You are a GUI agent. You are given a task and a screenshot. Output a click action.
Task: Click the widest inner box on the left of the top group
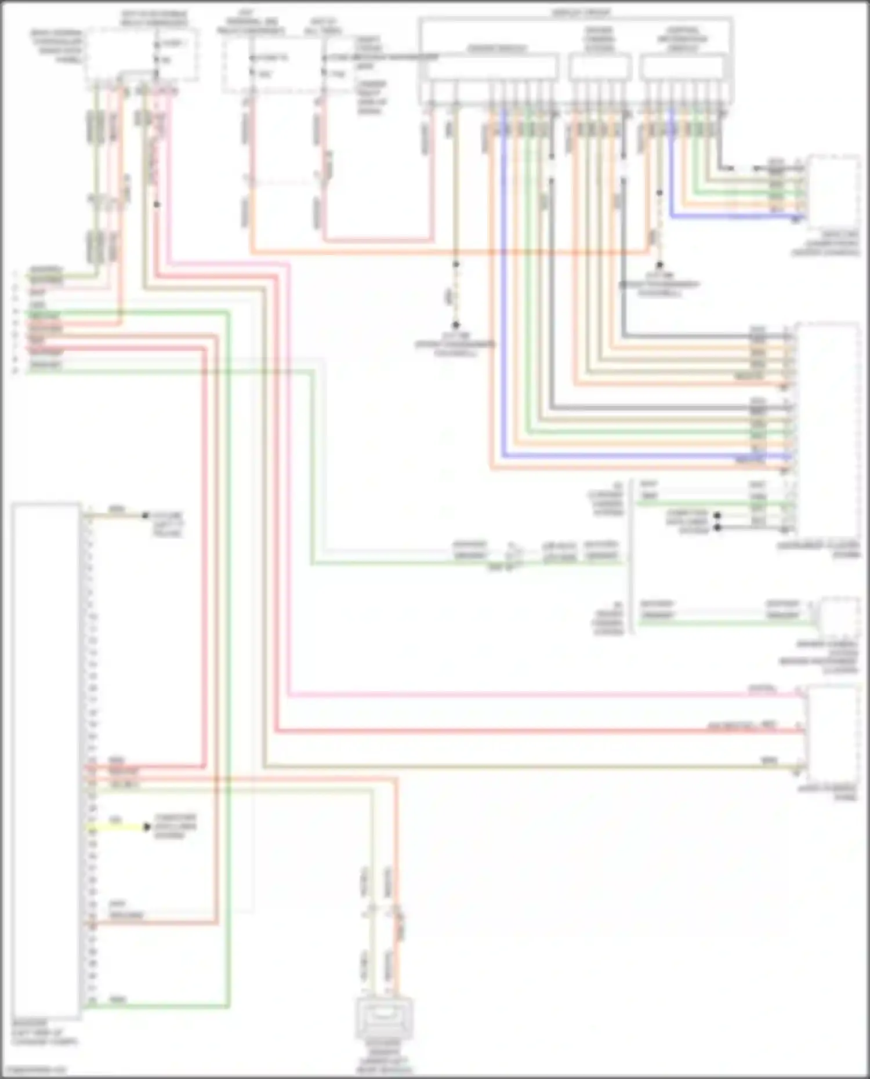pyautogui.click(x=491, y=67)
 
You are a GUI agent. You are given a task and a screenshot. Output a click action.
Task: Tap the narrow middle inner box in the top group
pyautogui.click(x=600, y=67)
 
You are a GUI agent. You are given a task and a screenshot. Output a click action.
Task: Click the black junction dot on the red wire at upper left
pyautogui.click(x=157, y=205)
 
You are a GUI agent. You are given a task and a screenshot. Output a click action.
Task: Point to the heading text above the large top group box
pyautogui.click(x=580, y=12)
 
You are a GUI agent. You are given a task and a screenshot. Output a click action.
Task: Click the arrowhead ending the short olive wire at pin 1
pyautogui.click(x=145, y=515)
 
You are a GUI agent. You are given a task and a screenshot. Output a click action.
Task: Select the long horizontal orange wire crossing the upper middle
pyautogui.click(x=452, y=253)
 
